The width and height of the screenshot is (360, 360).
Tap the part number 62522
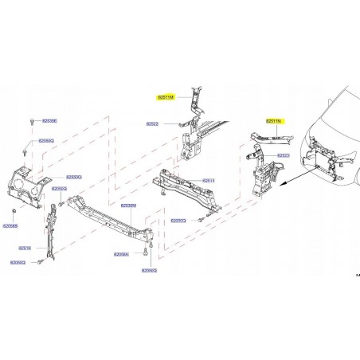[x=152, y=124]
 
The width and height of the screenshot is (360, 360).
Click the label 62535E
[x=49, y=121]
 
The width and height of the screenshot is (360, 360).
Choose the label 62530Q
[x=73, y=177]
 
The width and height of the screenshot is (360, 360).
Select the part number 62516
[x=25, y=247]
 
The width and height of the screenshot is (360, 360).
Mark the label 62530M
[x=128, y=205]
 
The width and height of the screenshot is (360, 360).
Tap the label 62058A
[x=121, y=254]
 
